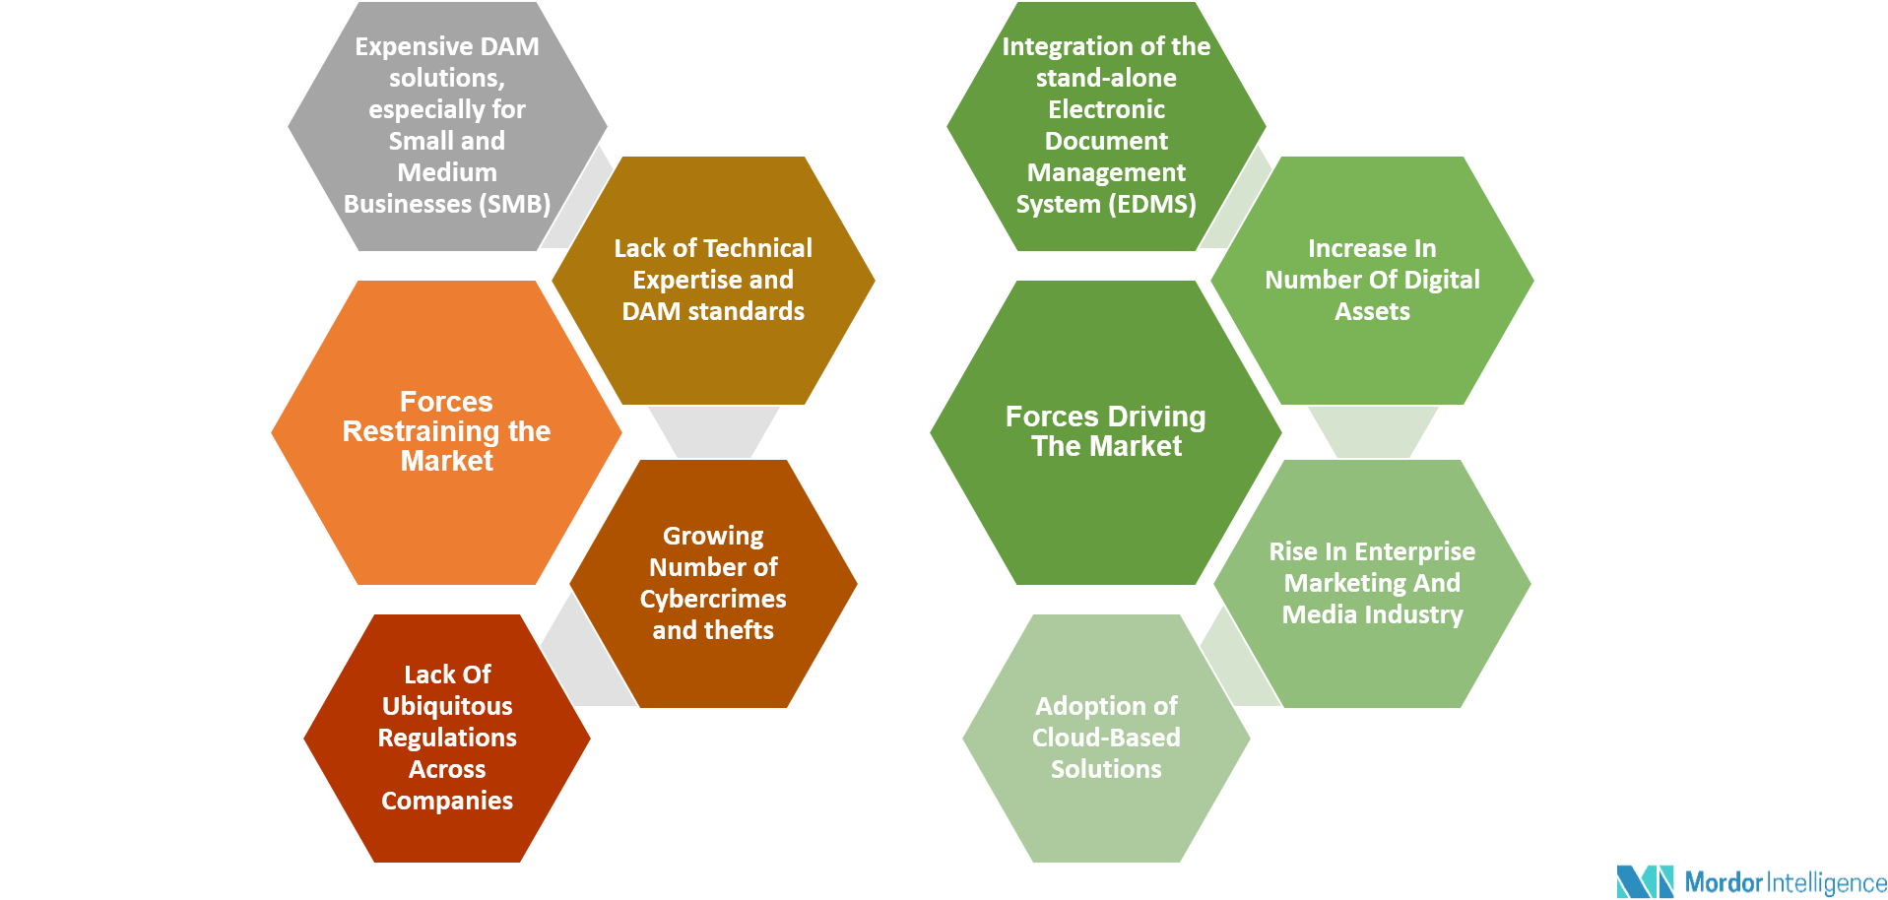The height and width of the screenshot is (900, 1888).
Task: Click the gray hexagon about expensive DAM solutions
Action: click(447, 126)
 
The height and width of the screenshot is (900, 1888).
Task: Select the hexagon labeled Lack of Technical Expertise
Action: click(713, 281)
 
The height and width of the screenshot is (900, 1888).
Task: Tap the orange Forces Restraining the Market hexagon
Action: click(446, 432)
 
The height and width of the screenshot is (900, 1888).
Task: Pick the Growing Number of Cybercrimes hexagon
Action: click(713, 583)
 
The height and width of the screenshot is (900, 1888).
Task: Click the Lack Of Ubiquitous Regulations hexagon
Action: click(447, 738)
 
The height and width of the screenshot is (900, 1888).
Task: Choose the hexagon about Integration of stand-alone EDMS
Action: click(1106, 126)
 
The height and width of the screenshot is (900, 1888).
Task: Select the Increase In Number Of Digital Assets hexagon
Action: click(1372, 281)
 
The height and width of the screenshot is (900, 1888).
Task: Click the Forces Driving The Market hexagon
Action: click(1105, 432)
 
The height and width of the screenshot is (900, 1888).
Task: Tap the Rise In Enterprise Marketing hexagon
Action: click(1372, 583)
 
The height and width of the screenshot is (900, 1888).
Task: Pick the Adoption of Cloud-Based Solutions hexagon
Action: click(1106, 738)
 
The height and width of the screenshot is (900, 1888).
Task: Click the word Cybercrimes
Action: click(713, 599)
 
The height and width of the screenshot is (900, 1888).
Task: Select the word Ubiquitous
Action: click(447, 706)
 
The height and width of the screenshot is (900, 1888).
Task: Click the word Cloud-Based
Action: click(1106, 738)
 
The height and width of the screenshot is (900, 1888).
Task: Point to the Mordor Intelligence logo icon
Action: click(1645, 881)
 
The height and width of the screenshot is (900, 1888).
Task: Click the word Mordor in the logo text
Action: click(1723, 881)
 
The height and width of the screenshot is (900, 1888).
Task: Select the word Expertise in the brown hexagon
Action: click(687, 280)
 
